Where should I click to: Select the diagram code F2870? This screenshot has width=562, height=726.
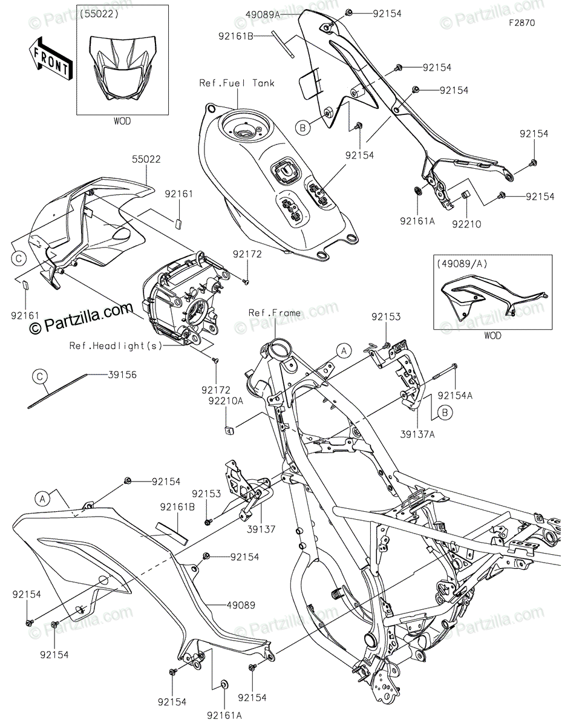(x=522, y=23)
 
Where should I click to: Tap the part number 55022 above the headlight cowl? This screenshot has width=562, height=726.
(x=146, y=159)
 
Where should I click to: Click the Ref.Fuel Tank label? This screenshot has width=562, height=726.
(x=237, y=83)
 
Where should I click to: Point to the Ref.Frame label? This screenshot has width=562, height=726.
(x=274, y=313)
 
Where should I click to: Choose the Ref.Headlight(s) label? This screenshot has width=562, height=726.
(x=116, y=345)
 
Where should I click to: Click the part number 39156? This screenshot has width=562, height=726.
(x=122, y=374)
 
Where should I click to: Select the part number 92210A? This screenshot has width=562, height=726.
(x=226, y=401)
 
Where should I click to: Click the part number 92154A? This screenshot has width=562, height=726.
(x=455, y=396)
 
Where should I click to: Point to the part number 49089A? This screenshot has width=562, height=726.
(x=263, y=15)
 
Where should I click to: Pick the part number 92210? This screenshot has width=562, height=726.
(x=466, y=224)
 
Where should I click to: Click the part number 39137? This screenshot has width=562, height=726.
(x=261, y=529)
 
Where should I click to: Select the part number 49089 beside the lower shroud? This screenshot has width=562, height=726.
(x=241, y=605)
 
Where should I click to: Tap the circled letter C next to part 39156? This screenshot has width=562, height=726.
(x=40, y=376)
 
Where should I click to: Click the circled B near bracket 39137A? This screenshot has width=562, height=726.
(x=445, y=413)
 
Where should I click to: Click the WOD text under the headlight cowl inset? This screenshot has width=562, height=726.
(x=122, y=121)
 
